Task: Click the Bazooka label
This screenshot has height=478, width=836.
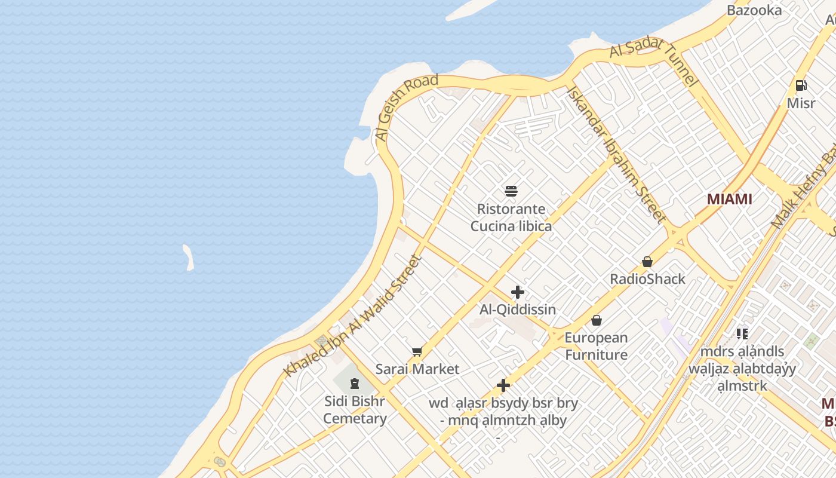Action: point(754,10)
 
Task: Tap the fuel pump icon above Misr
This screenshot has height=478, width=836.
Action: point(801,85)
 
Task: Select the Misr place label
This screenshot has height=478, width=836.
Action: point(801,103)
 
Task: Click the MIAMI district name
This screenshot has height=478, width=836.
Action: point(729,199)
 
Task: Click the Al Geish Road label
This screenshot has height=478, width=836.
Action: point(407,108)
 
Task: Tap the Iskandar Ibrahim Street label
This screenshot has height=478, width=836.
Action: point(616,155)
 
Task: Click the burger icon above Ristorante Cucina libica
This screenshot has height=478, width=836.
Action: point(511,191)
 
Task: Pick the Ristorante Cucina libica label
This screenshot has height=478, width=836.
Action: point(511,217)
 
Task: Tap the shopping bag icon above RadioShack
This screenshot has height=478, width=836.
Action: point(647,262)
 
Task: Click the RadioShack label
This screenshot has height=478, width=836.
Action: point(647,279)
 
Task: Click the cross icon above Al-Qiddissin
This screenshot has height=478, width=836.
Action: point(518,292)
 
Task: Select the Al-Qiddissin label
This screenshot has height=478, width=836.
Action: point(518,310)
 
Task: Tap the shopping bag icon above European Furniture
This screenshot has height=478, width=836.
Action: point(596,320)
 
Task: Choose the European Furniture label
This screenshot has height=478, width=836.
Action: point(596,346)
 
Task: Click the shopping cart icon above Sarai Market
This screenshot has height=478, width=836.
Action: point(417,351)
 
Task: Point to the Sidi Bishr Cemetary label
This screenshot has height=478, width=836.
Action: point(355,409)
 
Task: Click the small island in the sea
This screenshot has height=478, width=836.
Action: point(188,258)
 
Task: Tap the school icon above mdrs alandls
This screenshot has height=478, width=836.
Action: point(742,333)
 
